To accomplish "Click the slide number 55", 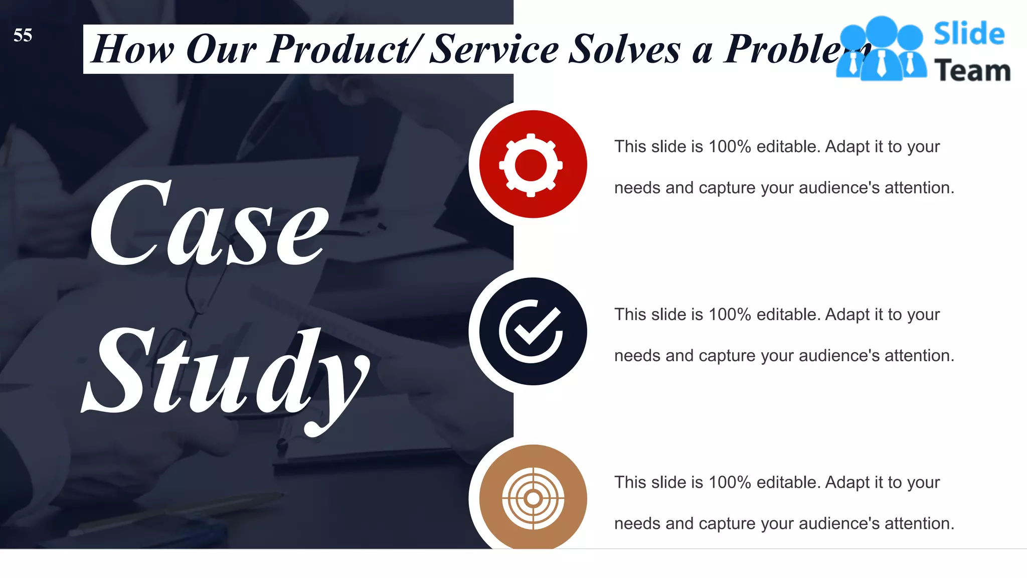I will pyautogui.click(x=23, y=35).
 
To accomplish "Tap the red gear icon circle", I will pyautogui.click(x=533, y=164).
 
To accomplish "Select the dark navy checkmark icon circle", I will pyautogui.click(x=533, y=331).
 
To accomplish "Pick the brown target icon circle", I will pyautogui.click(x=533, y=498).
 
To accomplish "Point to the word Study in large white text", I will pyautogui.click(x=226, y=374).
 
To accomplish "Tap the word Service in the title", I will pyautogui.click(x=494, y=49).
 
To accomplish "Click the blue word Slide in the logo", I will pyautogui.click(x=969, y=34).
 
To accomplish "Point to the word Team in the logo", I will pyautogui.click(x=972, y=71).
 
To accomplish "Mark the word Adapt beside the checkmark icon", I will pyautogui.click(x=847, y=315).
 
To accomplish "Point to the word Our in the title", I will pyautogui.click(x=221, y=49).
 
